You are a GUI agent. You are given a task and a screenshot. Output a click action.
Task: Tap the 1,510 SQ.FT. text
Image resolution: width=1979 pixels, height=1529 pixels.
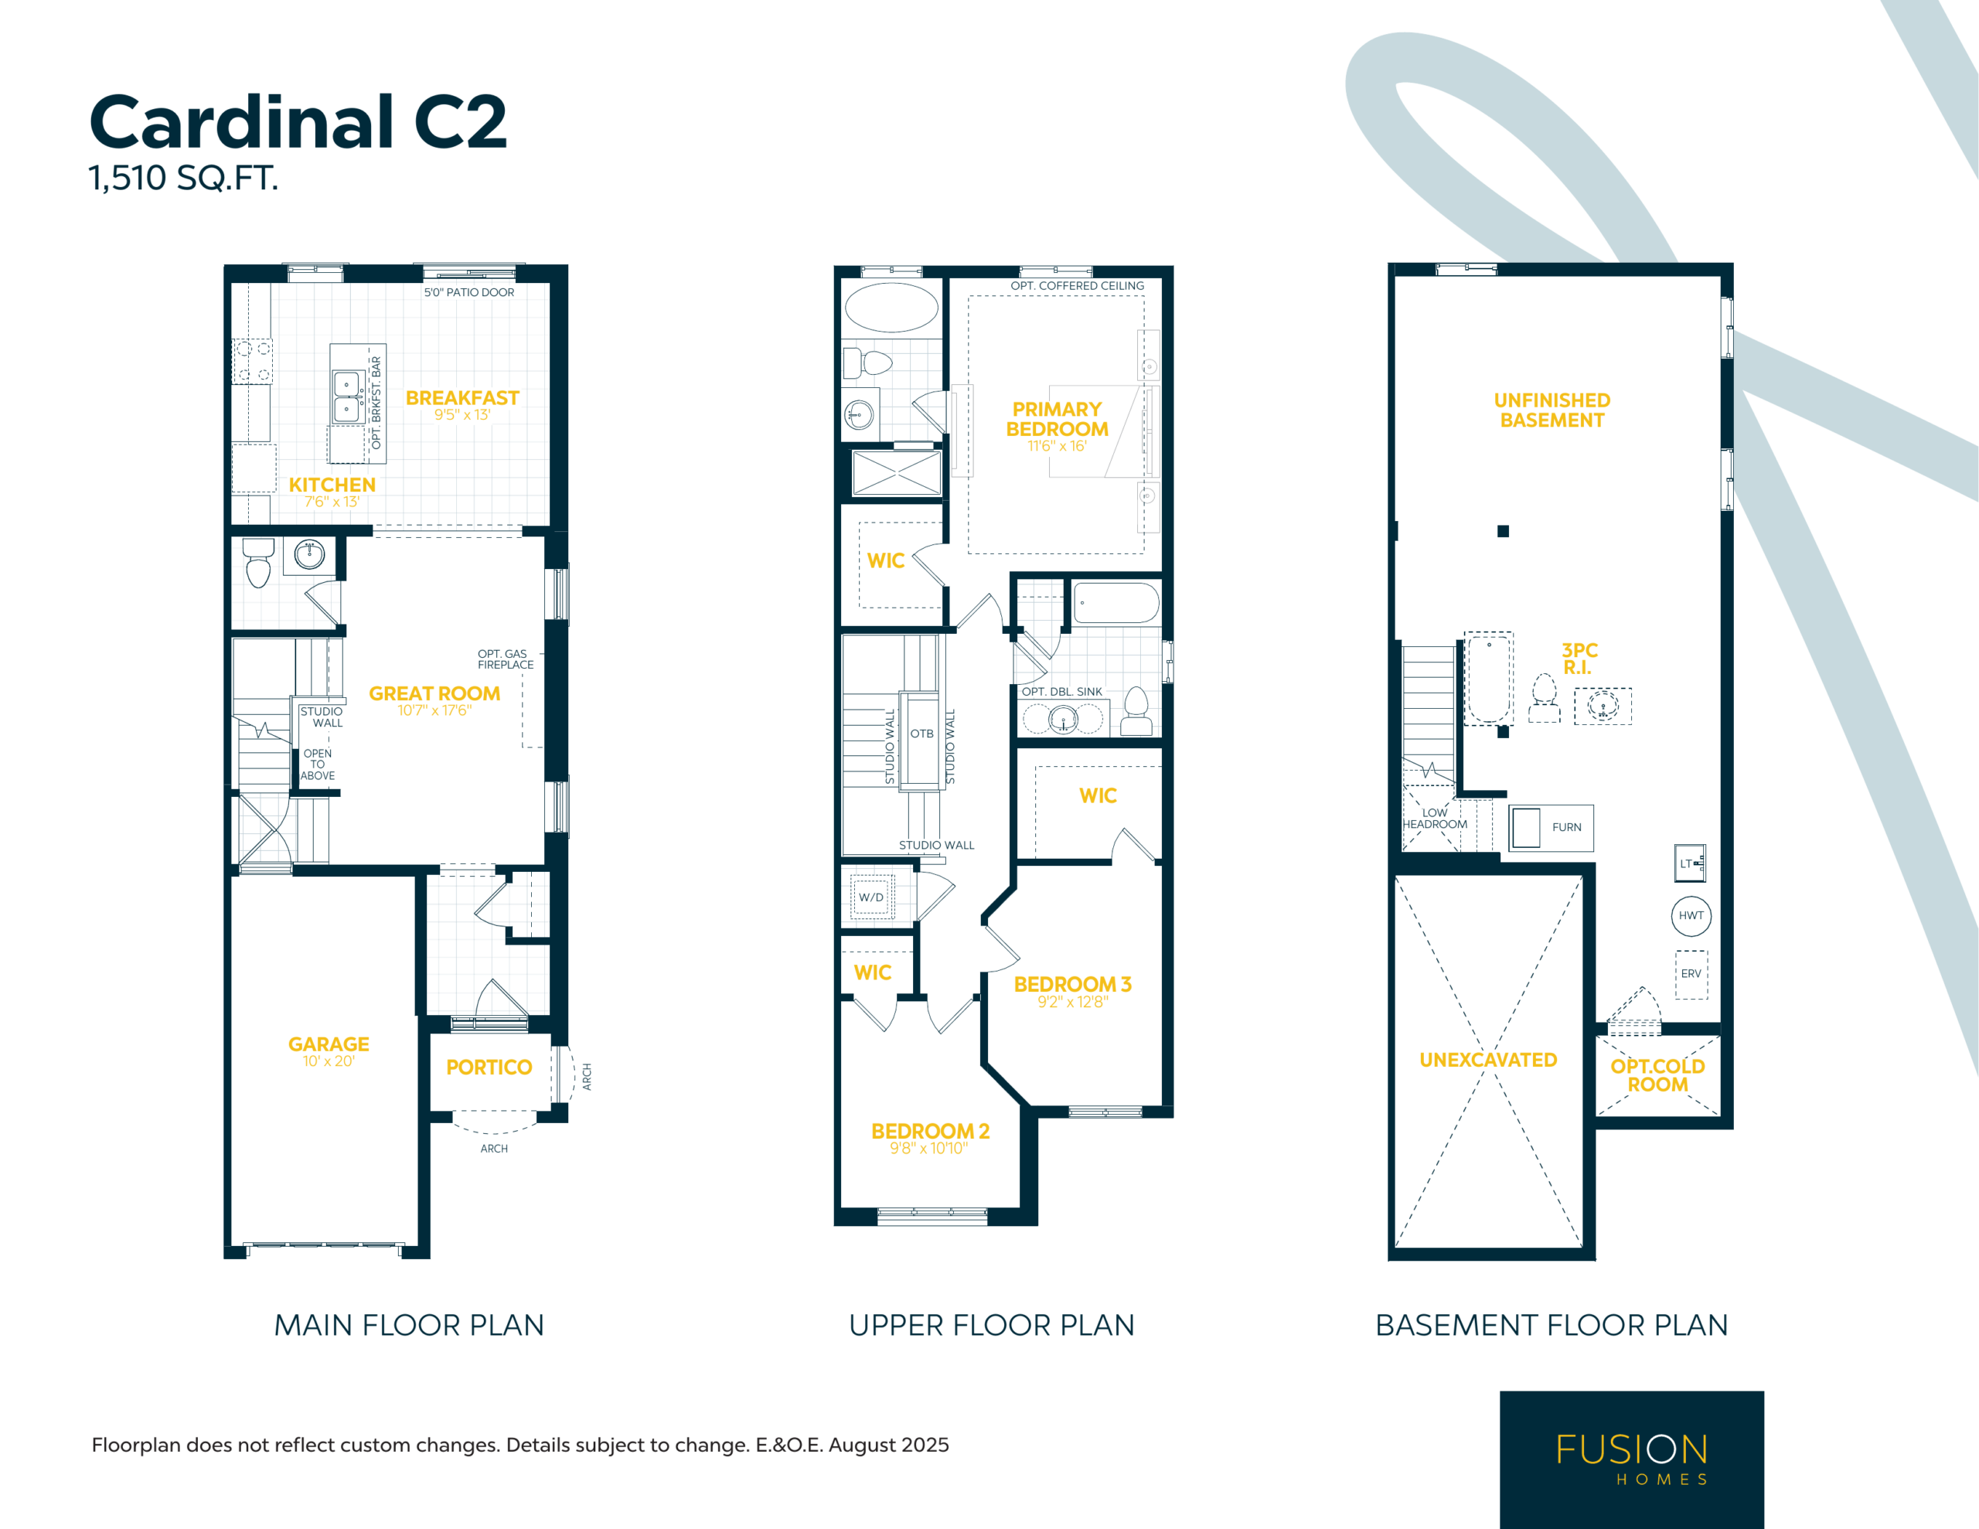coord(183,178)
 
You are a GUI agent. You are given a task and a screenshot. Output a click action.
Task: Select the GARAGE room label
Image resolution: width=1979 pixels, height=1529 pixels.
coord(329,1044)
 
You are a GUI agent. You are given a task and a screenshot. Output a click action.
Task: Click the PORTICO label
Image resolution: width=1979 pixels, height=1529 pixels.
coord(489,1067)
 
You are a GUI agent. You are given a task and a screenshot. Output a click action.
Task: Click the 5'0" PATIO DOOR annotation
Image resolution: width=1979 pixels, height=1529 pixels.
coord(469,292)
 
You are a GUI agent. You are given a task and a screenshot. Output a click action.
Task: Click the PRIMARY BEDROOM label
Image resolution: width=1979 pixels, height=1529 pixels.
coord(1057,419)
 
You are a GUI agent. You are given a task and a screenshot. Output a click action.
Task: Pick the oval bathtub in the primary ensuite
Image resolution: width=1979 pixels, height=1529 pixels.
coord(891,307)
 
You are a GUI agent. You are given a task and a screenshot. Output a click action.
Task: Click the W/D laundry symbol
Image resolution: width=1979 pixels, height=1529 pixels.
coord(872,897)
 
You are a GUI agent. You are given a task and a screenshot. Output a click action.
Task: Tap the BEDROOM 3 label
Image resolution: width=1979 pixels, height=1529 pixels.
coord(1073,983)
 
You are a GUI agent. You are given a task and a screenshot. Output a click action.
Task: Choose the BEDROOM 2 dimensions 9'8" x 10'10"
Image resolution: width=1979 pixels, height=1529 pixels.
coord(928,1149)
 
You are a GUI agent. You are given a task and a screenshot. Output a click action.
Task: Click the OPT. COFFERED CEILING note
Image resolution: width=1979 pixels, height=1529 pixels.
coord(1078,285)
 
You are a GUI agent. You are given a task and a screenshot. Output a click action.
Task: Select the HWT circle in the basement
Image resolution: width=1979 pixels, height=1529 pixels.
coord(1691,915)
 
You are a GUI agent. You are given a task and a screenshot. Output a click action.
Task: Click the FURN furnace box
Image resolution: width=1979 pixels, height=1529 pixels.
coord(1552,827)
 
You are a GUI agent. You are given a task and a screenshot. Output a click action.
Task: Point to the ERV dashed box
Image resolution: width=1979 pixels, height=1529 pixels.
coord(1691,974)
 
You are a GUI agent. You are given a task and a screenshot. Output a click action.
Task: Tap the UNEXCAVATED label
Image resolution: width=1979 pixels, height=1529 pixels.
coord(1488,1060)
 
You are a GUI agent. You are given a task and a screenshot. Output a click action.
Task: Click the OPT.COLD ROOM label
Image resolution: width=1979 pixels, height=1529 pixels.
coord(1657,1075)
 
